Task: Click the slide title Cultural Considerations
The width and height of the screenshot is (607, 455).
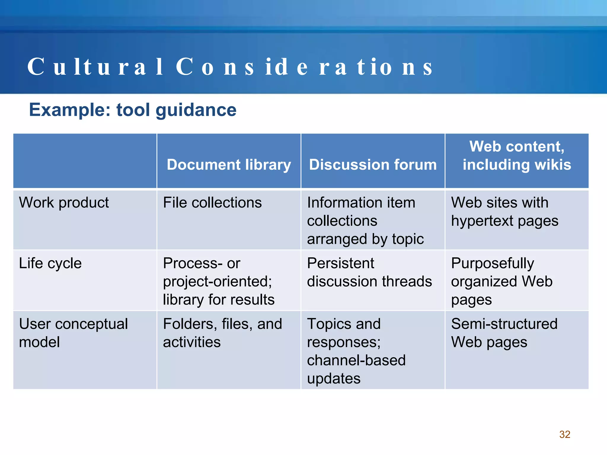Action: pos(230,67)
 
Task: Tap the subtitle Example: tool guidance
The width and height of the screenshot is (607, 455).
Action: pos(132,110)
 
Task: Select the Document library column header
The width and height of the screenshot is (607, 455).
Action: pos(229,165)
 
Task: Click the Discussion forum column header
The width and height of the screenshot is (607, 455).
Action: pos(373,165)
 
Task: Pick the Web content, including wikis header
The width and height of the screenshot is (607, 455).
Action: pos(517,156)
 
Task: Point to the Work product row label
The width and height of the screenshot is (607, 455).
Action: pos(64,203)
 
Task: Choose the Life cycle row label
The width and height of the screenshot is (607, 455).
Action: pos(50,263)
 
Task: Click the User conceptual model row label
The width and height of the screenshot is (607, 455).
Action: pos(73,333)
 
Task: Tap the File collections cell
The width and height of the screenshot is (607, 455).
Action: pos(212,203)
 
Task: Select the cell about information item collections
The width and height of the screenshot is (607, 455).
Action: pos(365,221)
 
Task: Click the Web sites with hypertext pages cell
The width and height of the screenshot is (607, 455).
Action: pos(504,212)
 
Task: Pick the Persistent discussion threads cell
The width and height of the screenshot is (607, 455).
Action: pos(369,272)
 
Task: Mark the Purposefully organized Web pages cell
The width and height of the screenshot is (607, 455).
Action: pos(501,281)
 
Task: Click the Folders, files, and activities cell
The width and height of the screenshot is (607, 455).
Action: pos(222,333)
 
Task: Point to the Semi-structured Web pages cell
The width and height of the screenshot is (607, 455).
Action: pos(504,333)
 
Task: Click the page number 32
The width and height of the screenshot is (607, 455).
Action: pos(565,434)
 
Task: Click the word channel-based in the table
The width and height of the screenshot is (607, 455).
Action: pos(356,361)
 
